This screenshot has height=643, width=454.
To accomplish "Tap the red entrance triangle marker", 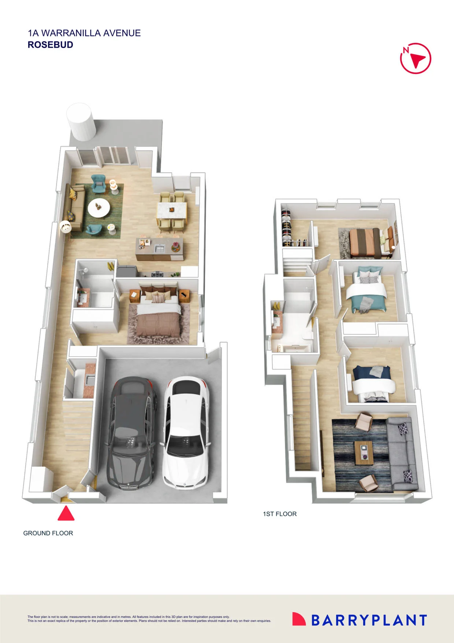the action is (66, 513).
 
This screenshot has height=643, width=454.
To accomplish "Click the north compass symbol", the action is (416, 58).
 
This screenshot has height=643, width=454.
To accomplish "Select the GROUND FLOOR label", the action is (48, 533).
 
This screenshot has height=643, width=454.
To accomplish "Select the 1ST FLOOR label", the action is (280, 514).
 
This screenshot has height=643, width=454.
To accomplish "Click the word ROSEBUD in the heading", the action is (51, 45).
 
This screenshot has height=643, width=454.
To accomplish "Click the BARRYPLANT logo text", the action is (369, 620).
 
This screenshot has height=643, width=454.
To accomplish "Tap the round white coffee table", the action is (99, 208).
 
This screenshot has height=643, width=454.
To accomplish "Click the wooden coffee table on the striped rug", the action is (364, 453).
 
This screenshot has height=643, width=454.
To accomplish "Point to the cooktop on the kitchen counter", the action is (158, 273).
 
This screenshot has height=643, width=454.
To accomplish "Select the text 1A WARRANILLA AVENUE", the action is (84, 33).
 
